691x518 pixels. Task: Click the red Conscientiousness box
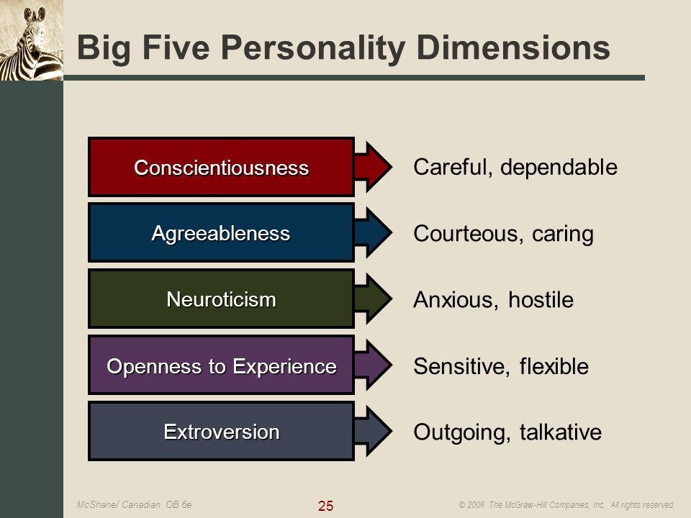(x=221, y=166)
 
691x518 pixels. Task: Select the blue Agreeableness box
(x=221, y=232)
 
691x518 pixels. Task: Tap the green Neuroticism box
(x=221, y=299)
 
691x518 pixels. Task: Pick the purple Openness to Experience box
(x=221, y=365)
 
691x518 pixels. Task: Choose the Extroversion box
(x=221, y=431)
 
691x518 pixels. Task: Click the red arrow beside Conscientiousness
(x=373, y=166)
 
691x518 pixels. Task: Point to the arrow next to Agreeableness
(x=373, y=232)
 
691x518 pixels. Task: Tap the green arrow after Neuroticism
(x=373, y=299)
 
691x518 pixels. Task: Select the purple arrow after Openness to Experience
(x=373, y=365)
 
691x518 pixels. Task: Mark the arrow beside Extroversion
(x=373, y=431)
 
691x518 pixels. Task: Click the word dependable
(x=559, y=168)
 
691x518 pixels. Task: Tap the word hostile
(x=541, y=299)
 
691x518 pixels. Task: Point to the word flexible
(x=554, y=366)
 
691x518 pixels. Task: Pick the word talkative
(x=561, y=432)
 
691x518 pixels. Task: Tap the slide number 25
(x=325, y=506)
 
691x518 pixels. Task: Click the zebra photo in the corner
(x=32, y=40)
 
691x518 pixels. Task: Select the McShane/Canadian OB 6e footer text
(x=134, y=504)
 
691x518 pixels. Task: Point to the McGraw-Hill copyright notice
(x=566, y=505)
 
